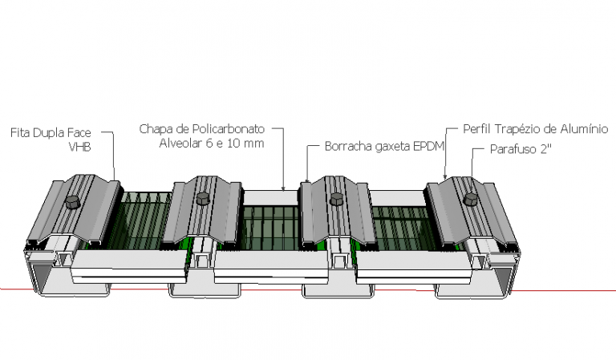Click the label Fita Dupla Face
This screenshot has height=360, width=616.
(x=51, y=132)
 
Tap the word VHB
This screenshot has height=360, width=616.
(x=79, y=147)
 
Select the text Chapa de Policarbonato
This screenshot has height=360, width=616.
(x=202, y=129)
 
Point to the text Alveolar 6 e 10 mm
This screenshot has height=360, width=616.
(x=212, y=144)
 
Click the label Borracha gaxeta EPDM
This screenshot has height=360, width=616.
(x=384, y=147)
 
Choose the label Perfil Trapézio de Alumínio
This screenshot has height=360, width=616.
(x=536, y=129)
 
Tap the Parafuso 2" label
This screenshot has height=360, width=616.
(x=521, y=149)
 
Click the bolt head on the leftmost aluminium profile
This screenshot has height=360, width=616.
(x=72, y=202)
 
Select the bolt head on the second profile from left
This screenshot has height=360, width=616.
(x=203, y=198)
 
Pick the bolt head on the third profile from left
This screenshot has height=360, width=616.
(x=336, y=199)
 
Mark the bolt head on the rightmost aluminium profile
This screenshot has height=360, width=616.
(x=471, y=200)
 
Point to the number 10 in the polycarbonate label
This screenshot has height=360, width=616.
(x=233, y=144)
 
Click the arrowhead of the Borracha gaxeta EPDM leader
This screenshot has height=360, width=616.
(x=307, y=180)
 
